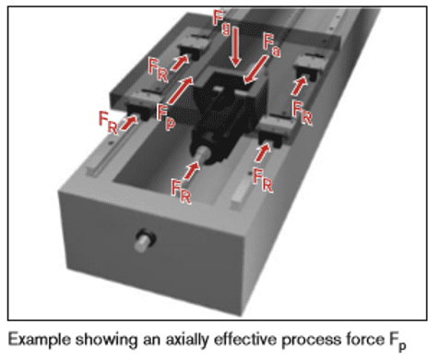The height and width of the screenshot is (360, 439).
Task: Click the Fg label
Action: coord(221,22)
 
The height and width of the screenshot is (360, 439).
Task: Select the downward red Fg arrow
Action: coord(235,47)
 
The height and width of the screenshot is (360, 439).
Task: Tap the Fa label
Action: coord(272,45)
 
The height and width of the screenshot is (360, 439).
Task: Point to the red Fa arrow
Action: coord(255,69)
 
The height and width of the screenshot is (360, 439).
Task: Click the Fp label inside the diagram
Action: coord(166,117)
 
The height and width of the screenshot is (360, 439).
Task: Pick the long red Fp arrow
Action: coord(181,90)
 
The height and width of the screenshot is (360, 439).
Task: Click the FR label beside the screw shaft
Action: coord(181,192)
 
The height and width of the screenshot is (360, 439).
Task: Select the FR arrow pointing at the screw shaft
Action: coord(191,171)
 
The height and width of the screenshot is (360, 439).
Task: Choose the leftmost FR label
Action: coord(108,123)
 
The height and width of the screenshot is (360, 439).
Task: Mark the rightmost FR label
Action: coord(303,113)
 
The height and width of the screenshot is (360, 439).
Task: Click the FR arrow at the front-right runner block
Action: coord(262,152)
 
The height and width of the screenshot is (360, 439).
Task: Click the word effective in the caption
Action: coord(245,340)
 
